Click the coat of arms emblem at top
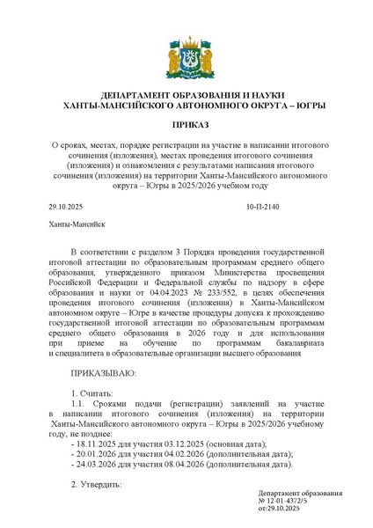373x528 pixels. pyautogui.click(x=186, y=55)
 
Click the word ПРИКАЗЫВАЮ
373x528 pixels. pyautogui.click(x=103, y=373)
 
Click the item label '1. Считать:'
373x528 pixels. pyautogui.click(x=91, y=393)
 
